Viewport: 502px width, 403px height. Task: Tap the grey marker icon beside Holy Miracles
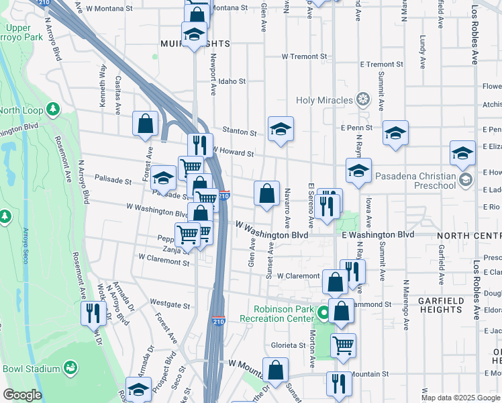coord(363,101)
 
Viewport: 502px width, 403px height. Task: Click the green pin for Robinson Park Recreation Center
coord(323,312)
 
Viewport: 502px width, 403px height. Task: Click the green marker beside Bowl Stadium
coord(69,368)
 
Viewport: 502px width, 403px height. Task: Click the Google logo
coord(21,395)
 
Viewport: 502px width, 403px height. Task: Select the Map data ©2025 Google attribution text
coord(461,398)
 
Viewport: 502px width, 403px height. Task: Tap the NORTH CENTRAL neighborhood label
coord(468,236)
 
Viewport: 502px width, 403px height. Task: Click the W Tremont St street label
coord(304,56)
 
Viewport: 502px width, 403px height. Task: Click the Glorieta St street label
coord(289,345)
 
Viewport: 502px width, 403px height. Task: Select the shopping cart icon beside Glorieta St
coord(343,345)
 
